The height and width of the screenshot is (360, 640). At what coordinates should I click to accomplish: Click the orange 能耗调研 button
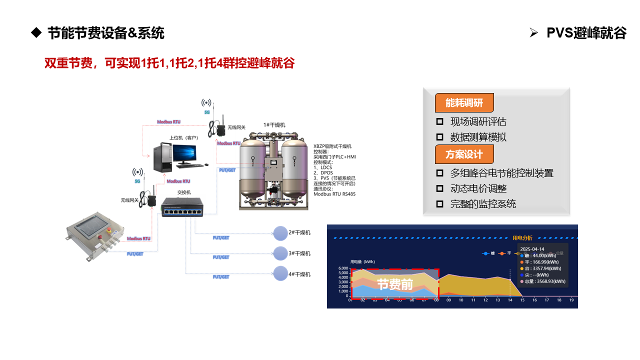coord(464,103)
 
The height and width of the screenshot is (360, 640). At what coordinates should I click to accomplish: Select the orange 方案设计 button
coord(464,154)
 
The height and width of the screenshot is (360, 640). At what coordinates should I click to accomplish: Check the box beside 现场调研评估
coord(440,121)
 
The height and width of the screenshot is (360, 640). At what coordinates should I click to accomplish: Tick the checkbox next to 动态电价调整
coord(440,188)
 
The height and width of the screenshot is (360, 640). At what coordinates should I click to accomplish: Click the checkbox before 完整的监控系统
coord(440,204)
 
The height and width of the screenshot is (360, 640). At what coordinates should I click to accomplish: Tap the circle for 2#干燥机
coord(280,233)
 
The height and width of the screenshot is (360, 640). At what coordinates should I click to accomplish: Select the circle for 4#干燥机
coord(280,273)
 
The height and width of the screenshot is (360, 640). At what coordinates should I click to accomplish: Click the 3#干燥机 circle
coord(280,253)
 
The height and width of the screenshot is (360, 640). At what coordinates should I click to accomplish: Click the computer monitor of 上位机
coord(185,151)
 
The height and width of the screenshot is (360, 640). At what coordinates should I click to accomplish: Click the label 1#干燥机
coord(274,125)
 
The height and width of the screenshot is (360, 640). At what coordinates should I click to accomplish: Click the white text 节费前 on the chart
coord(395,284)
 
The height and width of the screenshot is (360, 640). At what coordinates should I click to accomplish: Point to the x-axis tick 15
coord(522,300)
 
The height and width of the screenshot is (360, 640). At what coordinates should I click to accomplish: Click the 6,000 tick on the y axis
coord(343,268)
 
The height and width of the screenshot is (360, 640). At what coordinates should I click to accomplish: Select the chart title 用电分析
coord(522,238)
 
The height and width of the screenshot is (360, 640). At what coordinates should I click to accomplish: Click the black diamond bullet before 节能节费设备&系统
coord(35,33)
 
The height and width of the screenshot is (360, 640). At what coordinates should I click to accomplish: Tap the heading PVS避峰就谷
coord(586,33)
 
